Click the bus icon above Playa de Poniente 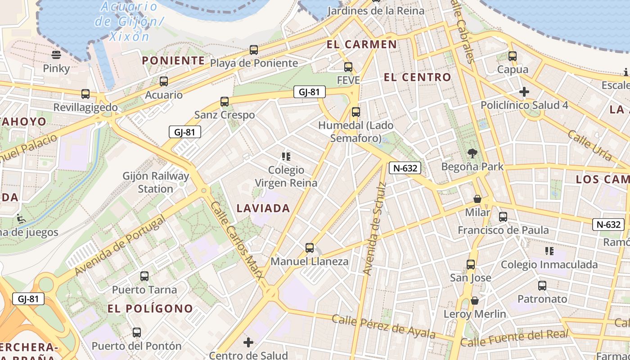[254, 50]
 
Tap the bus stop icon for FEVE [348, 67]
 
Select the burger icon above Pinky [56, 55]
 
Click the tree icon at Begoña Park [472, 153]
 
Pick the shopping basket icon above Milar [477, 199]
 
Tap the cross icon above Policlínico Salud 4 [524, 92]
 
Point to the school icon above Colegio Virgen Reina [286, 157]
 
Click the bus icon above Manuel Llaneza [310, 248]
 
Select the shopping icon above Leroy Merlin [475, 301]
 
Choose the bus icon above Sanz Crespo [225, 102]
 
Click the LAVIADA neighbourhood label [263, 208]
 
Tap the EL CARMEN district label [362, 45]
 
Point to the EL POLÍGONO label [150, 309]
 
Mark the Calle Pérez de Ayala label [384, 326]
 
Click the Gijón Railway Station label [156, 182]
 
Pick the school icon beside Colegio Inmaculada [549, 251]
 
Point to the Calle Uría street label [589, 145]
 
